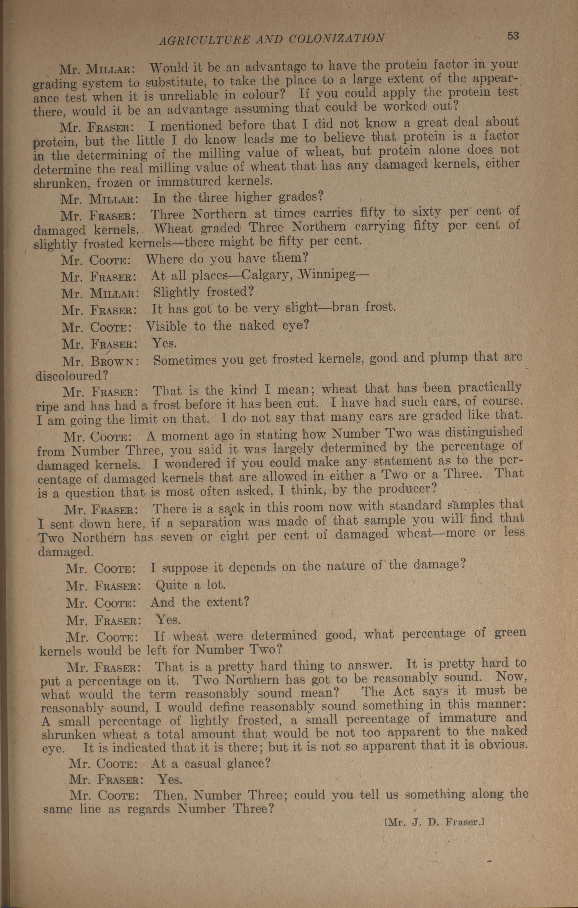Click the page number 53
point(513,36)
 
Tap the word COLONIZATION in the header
point(337,38)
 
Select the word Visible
point(167,326)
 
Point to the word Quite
point(172,585)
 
